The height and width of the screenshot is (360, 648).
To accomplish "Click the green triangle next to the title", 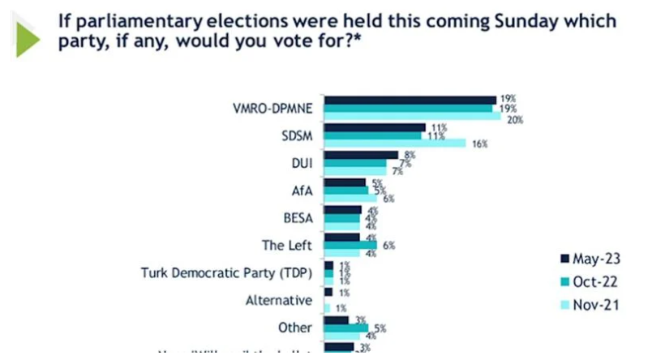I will (29, 36).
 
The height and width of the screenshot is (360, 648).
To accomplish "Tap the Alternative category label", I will (278, 300).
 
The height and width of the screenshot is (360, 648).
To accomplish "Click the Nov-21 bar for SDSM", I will (394, 144).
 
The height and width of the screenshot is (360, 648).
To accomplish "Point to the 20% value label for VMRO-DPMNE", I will (513, 118).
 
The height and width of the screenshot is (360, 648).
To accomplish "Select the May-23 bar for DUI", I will (361, 154).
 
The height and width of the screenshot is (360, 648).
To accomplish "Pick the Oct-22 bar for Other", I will (340, 328).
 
